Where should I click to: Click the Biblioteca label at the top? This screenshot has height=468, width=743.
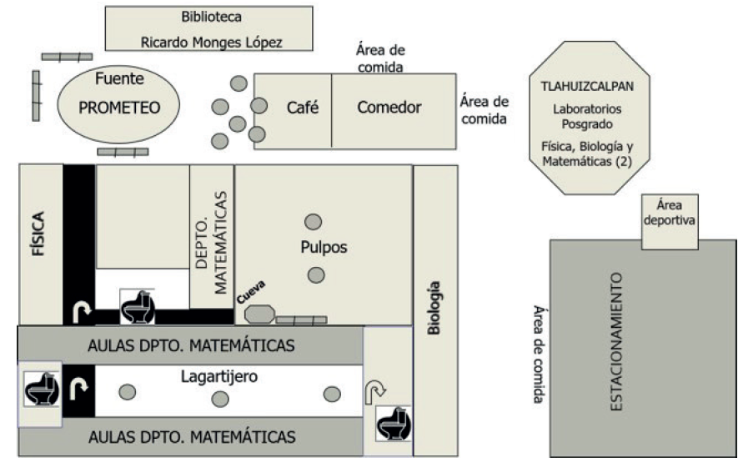tap(208, 16)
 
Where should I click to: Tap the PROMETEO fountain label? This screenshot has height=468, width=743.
tap(118, 108)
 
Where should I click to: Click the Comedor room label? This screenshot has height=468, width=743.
tap(390, 108)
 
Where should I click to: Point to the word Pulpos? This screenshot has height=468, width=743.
tap(324, 248)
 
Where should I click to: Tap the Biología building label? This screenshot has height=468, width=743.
tap(434, 309)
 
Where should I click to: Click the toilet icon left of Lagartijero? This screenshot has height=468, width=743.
tap(39, 390)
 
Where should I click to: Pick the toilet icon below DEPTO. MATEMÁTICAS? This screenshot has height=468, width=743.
tap(138, 308)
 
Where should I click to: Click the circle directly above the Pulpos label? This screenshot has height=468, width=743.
tap(313, 222)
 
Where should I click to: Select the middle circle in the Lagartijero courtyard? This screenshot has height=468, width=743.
tap(220, 399)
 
